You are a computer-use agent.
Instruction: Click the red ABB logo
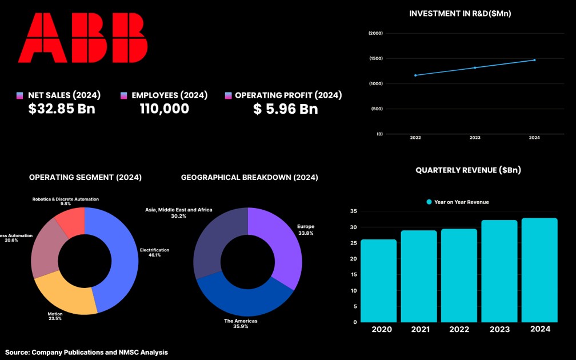point(82,38)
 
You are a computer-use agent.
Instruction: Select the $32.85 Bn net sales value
point(62,109)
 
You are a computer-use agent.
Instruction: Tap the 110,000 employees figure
point(165,109)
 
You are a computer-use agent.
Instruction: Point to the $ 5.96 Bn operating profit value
point(285,109)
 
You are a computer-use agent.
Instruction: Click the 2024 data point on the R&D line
point(534,59)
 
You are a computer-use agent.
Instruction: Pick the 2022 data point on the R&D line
point(415,75)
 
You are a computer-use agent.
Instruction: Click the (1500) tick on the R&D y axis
point(375,58)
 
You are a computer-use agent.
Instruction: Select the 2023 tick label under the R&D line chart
point(475,138)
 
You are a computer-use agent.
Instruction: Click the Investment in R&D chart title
point(460,13)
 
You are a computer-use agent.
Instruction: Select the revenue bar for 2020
point(378,280)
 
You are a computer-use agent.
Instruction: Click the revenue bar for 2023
point(499,271)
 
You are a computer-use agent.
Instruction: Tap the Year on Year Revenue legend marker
point(429,202)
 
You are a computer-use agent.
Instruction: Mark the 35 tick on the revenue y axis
point(353,211)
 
